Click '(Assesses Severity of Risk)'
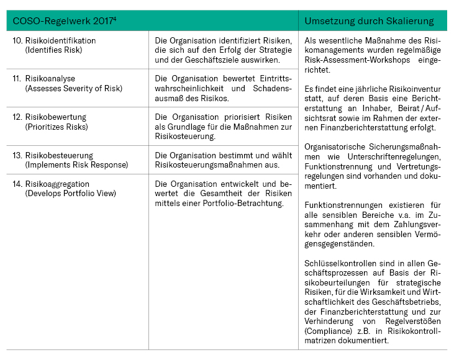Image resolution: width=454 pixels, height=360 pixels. [74, 88]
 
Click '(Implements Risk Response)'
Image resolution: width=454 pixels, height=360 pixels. [76, 164]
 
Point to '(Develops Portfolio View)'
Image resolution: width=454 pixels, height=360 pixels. [71, 193]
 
